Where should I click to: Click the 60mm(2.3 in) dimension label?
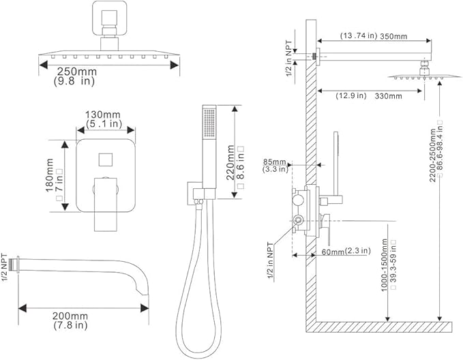[x=340, y=251]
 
